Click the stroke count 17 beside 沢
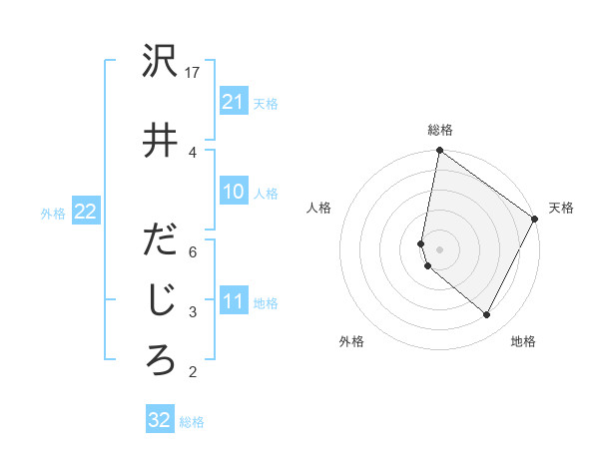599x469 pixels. click(194, 73)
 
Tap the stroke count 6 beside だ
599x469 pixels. click(193, 251)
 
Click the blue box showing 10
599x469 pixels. click(234, 192)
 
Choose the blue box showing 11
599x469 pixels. click(234, 301)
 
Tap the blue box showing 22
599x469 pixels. click(85, 212)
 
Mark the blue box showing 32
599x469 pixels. click(160, 420)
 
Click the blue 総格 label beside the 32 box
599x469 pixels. click(192, 422)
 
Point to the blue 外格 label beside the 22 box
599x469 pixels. click(53, 213)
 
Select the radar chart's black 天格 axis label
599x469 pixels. click(561, 208)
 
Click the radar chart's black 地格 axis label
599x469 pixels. click(523, 341)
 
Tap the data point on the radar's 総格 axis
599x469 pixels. click(439, 151)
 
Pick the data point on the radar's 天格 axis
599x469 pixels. click(535, 220)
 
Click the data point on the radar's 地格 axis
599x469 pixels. click(487, 315)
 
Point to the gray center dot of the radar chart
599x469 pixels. click(439, 249)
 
